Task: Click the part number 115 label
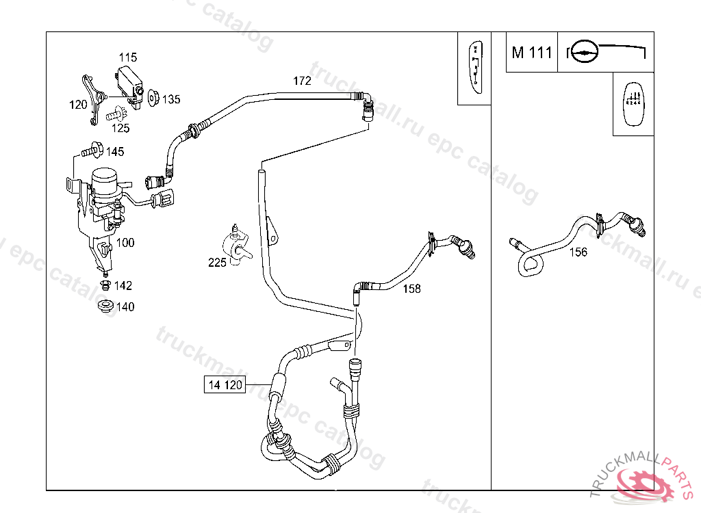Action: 128,57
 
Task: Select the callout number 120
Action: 78,105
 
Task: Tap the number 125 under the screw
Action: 120,128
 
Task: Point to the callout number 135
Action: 171,100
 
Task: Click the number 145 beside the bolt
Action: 115,151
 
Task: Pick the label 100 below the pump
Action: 125,243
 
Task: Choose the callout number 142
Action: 123,286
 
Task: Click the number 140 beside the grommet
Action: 125,307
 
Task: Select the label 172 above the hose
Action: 302,81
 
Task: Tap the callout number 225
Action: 218,263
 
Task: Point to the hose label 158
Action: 411,289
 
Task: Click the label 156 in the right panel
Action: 578,252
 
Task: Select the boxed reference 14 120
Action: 225,385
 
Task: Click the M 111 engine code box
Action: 532,53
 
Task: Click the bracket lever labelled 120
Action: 94,98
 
